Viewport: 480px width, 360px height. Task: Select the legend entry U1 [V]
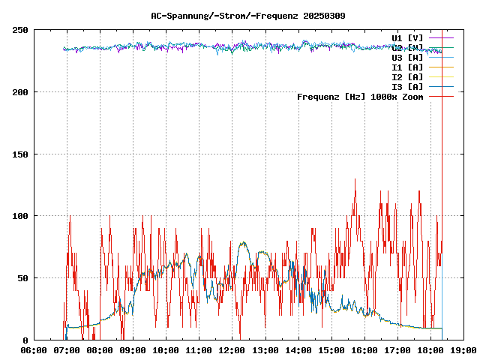[x=407, y=37]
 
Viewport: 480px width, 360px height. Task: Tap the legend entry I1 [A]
[x=407, y=67]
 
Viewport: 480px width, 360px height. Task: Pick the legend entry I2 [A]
[x=407, y=77]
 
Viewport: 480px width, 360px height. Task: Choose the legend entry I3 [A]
[x=407, y=87]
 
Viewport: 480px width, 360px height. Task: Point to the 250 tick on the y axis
[x=20, y=30]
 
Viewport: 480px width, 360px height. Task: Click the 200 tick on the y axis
[x=20, y=92]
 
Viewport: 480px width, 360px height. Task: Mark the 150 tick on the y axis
[x=20, y=154]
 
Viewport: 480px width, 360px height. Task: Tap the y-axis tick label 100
[x=20, y=216]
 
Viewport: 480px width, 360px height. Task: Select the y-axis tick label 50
[x=23, y=278]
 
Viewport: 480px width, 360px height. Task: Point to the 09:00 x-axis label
[x=133, y=350]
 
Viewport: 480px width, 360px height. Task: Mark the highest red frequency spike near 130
[x=355, y=180]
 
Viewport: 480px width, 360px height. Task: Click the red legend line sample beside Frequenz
[x=441, y=97]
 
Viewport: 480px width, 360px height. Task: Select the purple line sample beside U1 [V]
[x=441, y=37]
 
